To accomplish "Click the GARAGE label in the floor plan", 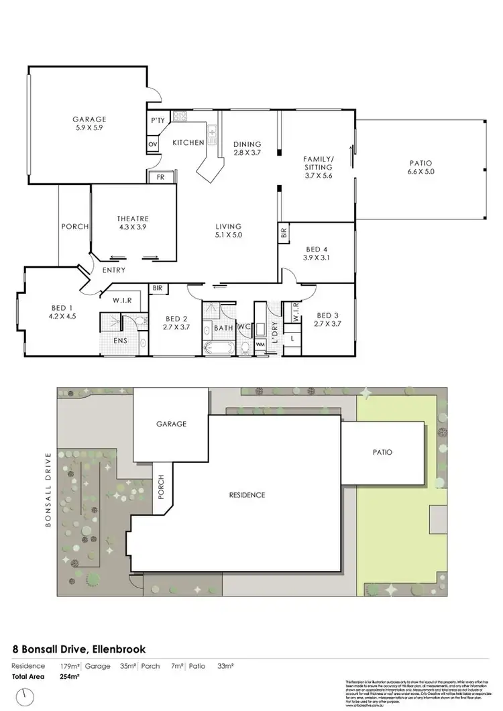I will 89,119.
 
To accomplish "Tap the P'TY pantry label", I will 158,120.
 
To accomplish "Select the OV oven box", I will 152,144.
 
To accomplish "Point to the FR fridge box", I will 161,177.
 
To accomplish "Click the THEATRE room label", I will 132,219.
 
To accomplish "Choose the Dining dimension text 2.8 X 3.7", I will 247,153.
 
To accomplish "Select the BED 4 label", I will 317,248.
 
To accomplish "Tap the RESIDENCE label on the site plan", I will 247,495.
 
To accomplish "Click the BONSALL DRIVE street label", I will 48,493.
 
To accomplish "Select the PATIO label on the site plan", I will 382,452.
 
